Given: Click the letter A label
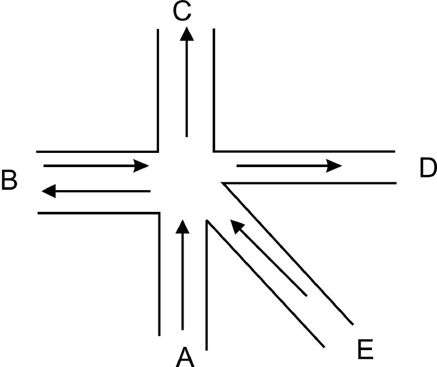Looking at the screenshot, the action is tap(185, 357).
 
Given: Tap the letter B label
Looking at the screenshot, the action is tap(9, 180).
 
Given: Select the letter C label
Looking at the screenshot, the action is tap(182, 11).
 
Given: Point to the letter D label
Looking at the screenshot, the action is tap(428, 168).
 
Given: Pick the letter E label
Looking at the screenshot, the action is tap(365, 349).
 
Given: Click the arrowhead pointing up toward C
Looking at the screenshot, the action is tap(187, 34).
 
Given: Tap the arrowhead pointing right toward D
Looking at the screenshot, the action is tap(334, 166).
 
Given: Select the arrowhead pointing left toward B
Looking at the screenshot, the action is tap(49, 191).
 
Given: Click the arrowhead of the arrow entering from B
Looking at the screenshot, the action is tap(141, 166).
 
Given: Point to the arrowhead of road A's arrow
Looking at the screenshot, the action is tap(183, 227).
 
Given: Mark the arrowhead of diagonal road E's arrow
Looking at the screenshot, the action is tap(237, 226).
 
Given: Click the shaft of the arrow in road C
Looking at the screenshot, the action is tap(187, 89).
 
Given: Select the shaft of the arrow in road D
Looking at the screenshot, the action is tap(282, 166).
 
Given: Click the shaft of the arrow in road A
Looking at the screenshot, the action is tap(183, 282).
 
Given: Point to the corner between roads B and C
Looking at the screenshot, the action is tap(158, 152).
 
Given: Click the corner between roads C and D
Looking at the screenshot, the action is tap(214, 151).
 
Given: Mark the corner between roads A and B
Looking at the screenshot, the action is tap(160, 213).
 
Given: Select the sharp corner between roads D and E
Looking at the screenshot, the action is tap(222, 183).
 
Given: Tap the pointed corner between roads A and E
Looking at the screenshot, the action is tap(206, 220).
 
